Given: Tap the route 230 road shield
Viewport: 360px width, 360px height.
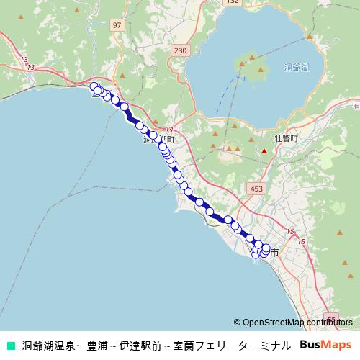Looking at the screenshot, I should click(x=180, y=50).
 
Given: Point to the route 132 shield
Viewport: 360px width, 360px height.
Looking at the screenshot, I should click(x=231, y=2).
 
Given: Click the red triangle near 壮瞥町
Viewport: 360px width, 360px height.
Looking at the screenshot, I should click(x=264, y=151).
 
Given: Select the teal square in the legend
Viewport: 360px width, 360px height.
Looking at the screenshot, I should click(x=10, y=345).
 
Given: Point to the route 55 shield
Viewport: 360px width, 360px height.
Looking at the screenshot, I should click(x=332, y=318).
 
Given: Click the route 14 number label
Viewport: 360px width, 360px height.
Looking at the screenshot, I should click(x=168, y=128).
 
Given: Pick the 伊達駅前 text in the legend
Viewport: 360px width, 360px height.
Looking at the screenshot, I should click(x=142, y=345).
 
